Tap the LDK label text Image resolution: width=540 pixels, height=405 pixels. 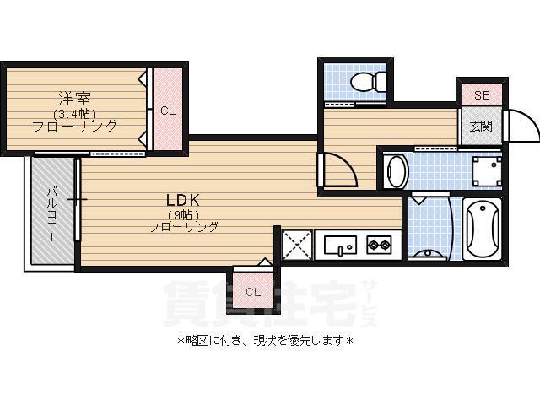point(181,200)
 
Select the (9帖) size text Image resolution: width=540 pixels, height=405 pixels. point(181,215)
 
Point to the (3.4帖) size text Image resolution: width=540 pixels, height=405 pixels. point(73,113)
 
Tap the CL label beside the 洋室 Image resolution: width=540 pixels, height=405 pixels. point(167,111)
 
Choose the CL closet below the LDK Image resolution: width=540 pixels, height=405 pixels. point(252,292)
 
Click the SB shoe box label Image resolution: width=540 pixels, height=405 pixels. point(481,95)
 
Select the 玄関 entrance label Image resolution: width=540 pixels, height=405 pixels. point(481,127)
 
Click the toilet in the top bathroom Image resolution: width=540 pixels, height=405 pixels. point(368,83)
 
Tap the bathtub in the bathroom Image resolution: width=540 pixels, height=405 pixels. point(483,229)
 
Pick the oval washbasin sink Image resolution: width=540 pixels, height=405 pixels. point(395,172)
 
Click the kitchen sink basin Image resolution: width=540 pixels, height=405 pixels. point(341,246)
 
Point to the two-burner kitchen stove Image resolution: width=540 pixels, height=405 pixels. point(379,246)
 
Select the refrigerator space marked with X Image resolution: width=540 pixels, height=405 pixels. point(297,245)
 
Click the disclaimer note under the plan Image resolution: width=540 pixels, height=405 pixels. point(265,342)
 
